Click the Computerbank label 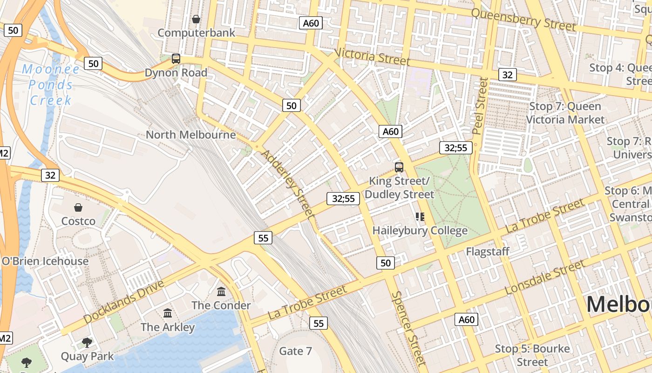tap(197, 33)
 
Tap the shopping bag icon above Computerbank tap(196, 19)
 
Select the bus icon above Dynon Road tap(176, 59)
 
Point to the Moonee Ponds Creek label tap(51, 84)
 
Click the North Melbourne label tap(190, 135)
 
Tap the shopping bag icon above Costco tap(78, 207)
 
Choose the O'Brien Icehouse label tap(45, 261)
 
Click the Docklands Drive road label tap(124, 302)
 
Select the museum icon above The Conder tap(221, 292)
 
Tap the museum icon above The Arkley tap(168, 313)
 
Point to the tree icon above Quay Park tap(87, 343)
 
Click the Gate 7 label tap(295, 351)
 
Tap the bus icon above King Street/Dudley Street tap(399, 167)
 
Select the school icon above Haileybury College tap(420, 217)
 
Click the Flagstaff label tap(488, 252)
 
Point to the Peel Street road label tap(479, 106)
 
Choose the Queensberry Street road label tap(523, 20)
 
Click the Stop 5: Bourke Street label tap(532, 355)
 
